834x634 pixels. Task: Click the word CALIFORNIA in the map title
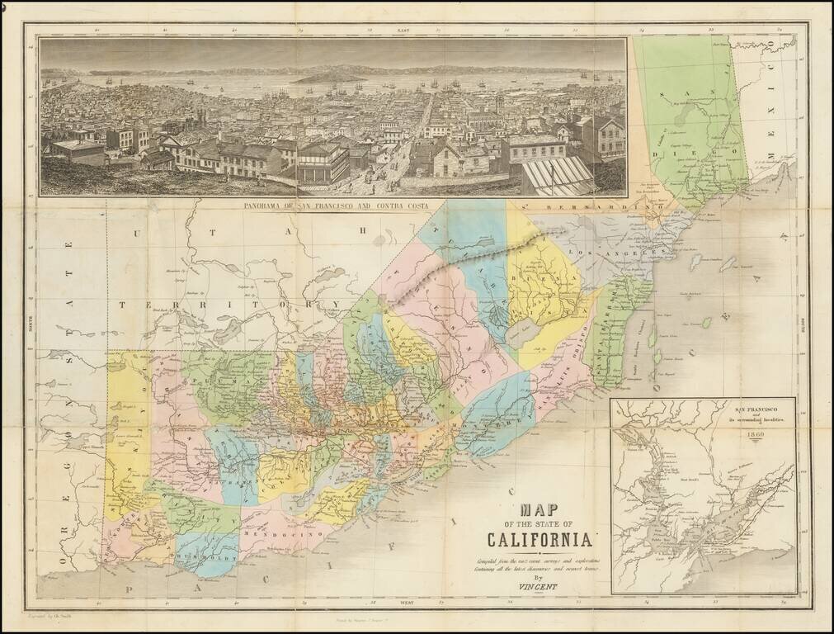[x=540, y=540]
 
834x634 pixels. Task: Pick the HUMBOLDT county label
[x=214, y=558]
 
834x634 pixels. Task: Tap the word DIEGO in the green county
[x=710, y=154]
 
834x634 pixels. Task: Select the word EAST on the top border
[x=403, y=29]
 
